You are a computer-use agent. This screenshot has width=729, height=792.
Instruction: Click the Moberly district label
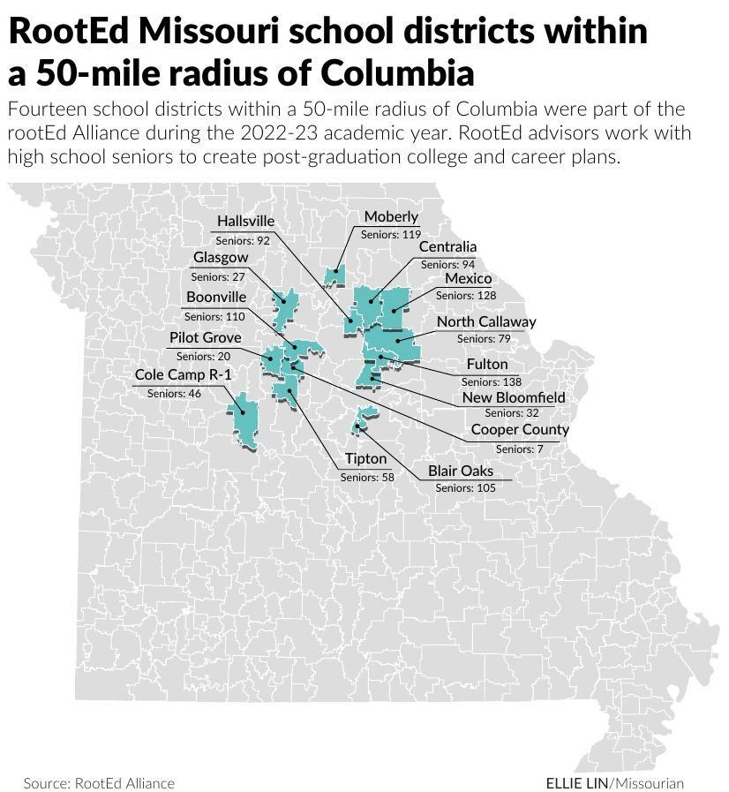point(391,217)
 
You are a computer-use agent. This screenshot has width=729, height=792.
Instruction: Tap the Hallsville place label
point(245,221)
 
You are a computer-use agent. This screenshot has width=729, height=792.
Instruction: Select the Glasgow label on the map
point(221,257)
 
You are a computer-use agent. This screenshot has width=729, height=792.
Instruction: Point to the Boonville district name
point(216,298)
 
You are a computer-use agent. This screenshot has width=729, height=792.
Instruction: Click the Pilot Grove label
point(205,337)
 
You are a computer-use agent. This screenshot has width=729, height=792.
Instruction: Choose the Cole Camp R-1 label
point(183,375)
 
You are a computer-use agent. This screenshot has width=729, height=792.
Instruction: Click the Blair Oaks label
point(461,471)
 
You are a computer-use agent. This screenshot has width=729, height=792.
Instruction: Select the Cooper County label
point(520,430)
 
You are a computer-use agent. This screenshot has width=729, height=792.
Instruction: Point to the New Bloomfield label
point(514,397)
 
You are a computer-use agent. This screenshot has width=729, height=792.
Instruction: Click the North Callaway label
point(485,321)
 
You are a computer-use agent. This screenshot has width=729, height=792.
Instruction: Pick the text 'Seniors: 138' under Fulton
point(492,381)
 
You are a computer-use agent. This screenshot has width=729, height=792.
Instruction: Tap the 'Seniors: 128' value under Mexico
point(466,296)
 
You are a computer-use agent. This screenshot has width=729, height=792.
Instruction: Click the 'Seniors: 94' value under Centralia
point(447,264)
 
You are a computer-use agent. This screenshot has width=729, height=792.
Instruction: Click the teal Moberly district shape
point(334,276)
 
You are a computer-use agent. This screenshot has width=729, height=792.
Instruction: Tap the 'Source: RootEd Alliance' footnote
point(99,783)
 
